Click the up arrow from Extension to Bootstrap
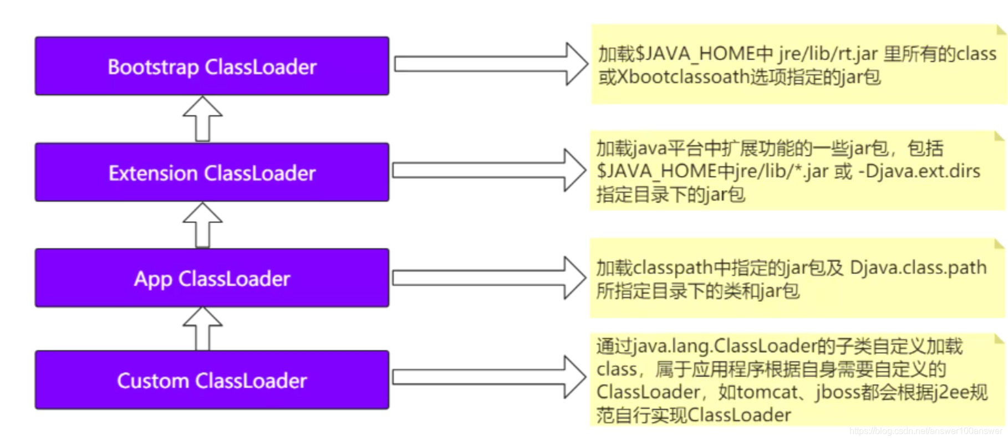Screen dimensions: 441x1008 click(x=203, y=119)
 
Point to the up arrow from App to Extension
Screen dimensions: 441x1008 click(x=203, y=224)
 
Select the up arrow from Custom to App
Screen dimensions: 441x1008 click(x=203, y=328)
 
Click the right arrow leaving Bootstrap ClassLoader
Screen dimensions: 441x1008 click(x=490, y=64)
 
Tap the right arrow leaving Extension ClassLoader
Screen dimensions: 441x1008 click(x=489, y=170)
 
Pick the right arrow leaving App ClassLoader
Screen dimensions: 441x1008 click(x=489, y=278)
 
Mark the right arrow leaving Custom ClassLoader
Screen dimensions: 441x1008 click(x=489, y=377)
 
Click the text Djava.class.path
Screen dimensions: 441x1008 click(x=918, y=268)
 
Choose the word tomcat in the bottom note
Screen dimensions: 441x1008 click(x=767, y=392)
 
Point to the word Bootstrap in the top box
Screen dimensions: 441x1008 click(x=153, y=67)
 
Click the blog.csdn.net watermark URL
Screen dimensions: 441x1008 click(x=925, y=431)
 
